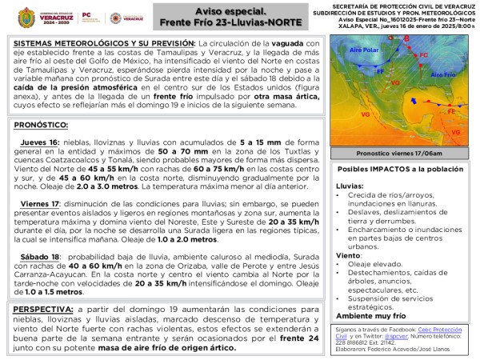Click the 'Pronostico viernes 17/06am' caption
pos(398,151)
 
